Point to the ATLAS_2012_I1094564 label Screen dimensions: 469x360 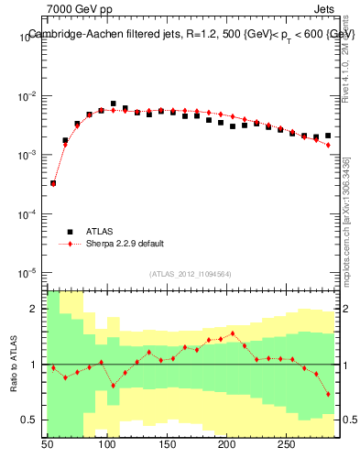click(x=191, y=272)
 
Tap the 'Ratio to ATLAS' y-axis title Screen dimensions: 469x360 click(x=14, y=364)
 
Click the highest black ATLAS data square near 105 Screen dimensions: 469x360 click(x=114, y=104)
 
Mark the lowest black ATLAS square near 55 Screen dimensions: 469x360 click(x=53, y=183)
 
